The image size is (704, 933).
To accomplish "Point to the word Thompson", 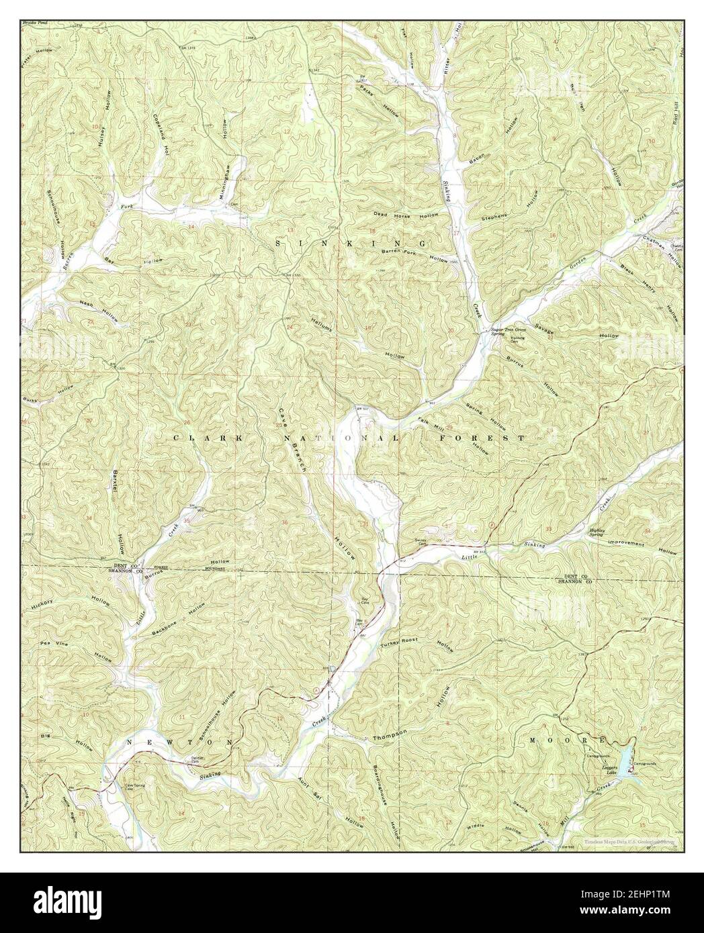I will [390, 734].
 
